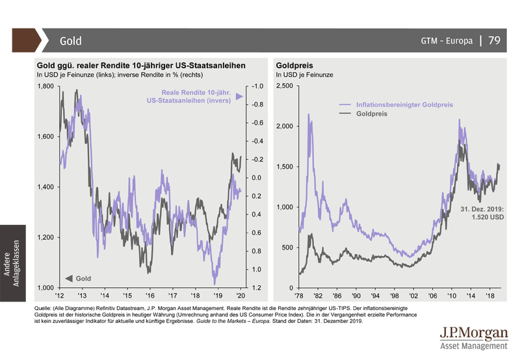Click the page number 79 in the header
494,40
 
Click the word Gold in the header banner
71,41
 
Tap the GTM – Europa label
447,41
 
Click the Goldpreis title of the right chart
294,66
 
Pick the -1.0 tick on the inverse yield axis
256,86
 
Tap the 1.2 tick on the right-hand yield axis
256,287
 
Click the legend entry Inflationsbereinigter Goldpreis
404,105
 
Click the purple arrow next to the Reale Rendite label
239,97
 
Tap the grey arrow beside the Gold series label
68,278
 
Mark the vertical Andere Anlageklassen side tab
12,263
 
